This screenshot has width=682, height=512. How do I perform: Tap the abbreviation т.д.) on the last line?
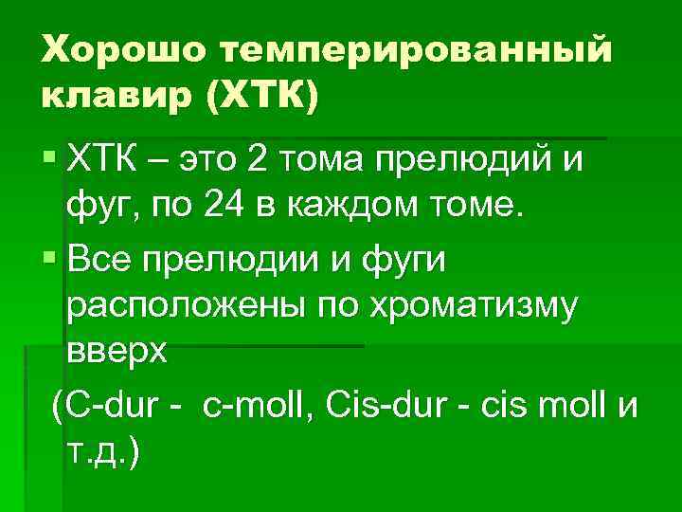103,452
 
